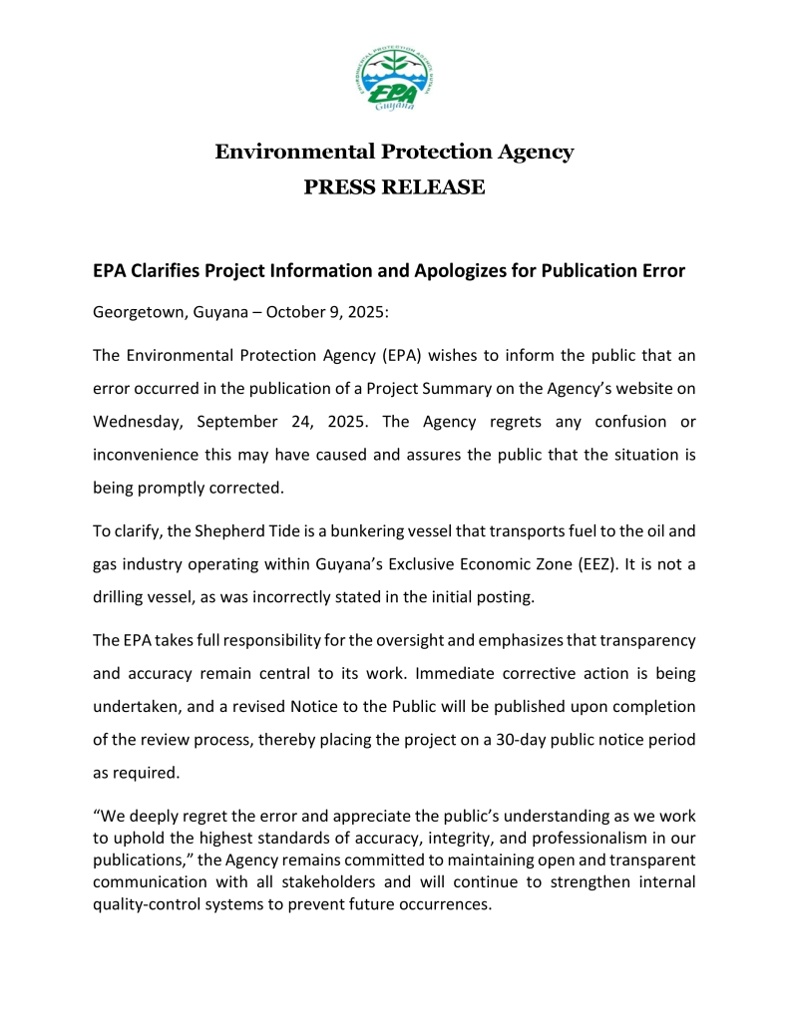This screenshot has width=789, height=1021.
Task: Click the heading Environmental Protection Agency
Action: click(x=394, y=153)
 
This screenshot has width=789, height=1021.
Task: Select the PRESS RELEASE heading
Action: click(x=394, y=187)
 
